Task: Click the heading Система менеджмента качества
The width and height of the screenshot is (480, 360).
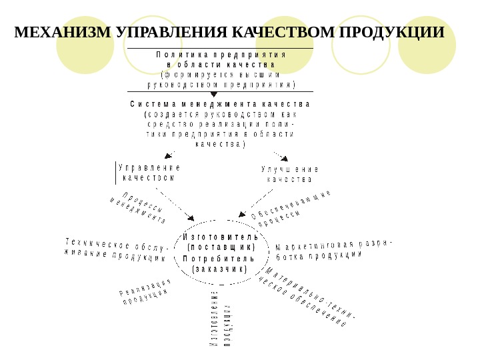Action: tap(220, 105)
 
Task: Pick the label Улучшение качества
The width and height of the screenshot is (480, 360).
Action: tap(289, 174)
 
